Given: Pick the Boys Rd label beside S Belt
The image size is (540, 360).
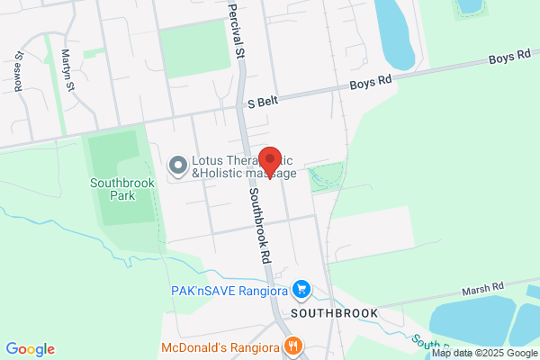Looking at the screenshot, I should [372, 80].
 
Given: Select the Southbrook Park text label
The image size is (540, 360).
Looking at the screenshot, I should [123, 188].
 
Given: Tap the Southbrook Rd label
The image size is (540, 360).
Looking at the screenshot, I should [259, 225].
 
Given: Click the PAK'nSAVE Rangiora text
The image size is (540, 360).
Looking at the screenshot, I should [231, 290].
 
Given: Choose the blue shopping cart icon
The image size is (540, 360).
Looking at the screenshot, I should [303, 290].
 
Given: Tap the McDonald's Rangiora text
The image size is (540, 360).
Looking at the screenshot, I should [220, 347].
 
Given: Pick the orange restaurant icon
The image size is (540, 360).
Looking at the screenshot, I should [292, 346].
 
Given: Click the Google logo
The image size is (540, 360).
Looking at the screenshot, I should [30, 349].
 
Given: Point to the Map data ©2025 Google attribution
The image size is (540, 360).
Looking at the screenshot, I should [484, 353].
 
